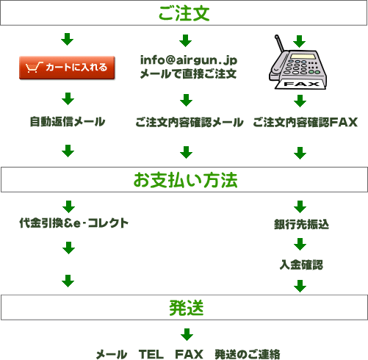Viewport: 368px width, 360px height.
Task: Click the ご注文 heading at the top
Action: coord(184,13)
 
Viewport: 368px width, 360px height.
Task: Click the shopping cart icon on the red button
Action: coord(34,67)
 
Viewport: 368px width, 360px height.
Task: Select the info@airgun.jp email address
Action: coord(189,60)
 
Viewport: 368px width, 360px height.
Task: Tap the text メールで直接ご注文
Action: coord(188,73)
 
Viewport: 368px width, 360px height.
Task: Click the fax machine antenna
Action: coord(279,43)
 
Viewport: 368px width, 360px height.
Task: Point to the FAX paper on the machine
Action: coord(301,84)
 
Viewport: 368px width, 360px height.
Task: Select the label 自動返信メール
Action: coord(68,122)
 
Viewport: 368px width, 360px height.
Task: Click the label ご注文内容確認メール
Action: coord(190,122)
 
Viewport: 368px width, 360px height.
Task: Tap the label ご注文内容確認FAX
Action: coord(306,122)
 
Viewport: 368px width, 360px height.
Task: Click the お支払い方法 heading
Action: coord(185,180)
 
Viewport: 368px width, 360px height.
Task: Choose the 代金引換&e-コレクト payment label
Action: coord(74,223)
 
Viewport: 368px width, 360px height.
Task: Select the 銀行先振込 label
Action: coord(301,224)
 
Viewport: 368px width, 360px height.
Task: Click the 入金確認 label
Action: coord(301,264)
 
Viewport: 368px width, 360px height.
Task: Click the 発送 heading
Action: coord(187,308)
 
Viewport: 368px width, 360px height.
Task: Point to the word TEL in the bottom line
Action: coord(151,354)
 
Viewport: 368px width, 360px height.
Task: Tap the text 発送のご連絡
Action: coord(248,354)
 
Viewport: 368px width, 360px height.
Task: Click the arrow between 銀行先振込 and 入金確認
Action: coord(300,244)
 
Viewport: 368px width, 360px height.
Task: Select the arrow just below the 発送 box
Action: coord(187,334)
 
